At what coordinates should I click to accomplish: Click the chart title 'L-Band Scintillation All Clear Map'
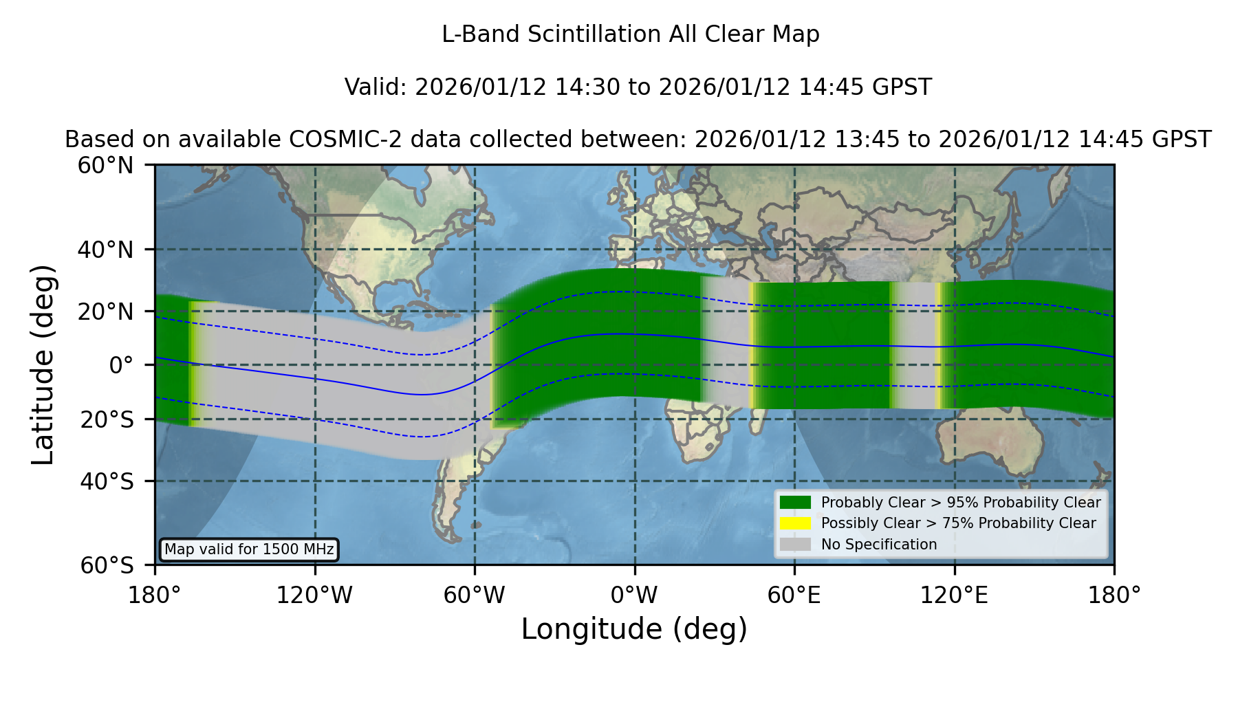click(630, 34)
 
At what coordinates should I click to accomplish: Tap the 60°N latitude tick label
click(106, 165)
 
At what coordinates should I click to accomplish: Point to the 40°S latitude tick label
click(107, 481)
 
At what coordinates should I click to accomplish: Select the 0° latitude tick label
click(121, 365)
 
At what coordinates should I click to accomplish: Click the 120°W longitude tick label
click(314, 595)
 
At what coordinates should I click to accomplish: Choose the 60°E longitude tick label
click(794, 595)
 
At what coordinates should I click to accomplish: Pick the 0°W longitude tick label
click(634, 595)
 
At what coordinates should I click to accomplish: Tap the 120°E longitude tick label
click(954, 595)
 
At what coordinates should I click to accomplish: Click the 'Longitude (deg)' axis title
click(634, 629)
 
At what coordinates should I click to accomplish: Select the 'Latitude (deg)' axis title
click(43, 364)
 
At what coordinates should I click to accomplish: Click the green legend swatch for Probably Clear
click(796, 503)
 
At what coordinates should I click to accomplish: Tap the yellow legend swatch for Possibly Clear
click(796, 523)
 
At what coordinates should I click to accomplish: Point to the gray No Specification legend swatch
click(796, 545)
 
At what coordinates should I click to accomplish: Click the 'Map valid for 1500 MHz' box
click(249, 549)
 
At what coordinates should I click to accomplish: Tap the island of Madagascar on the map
click(757, 420)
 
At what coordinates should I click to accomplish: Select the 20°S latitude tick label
click(107, 419)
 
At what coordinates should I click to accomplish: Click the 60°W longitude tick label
click(475, 595)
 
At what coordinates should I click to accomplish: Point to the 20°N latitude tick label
click(106, 311)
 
